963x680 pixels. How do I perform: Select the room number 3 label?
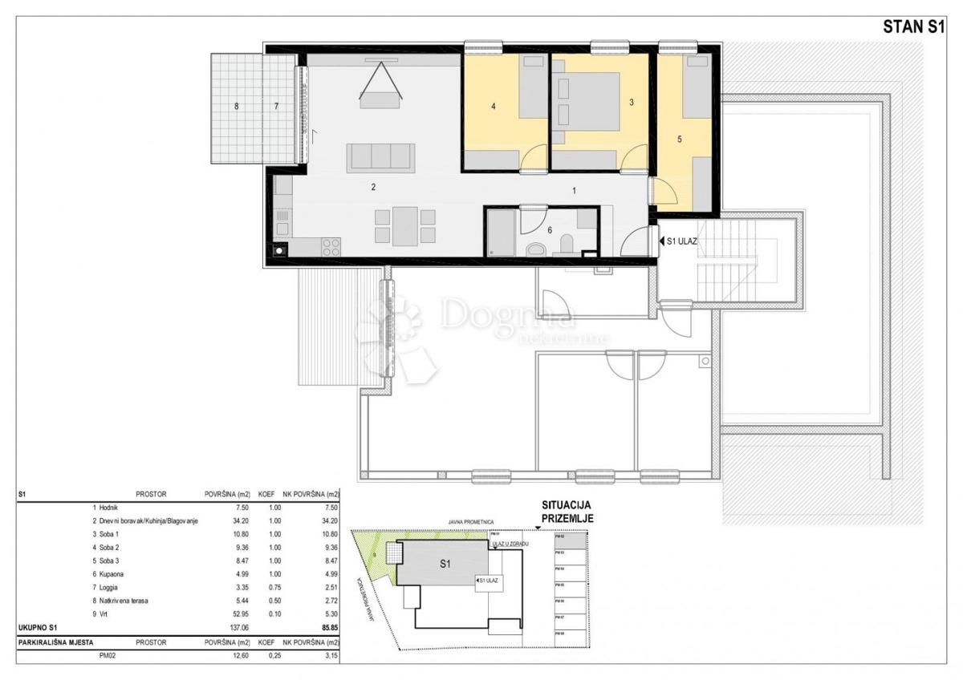(632, 103)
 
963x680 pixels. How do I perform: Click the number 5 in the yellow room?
(679, 139)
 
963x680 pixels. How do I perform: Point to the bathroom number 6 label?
(550, 229)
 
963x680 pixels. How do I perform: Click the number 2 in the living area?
(373, 188)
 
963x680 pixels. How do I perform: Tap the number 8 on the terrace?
(237, 106)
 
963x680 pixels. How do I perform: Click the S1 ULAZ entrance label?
(681, 240)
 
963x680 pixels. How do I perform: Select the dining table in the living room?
(405, 225)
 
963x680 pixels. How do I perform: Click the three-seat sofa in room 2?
(380, 157)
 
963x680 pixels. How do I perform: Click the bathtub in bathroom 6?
(502, 233)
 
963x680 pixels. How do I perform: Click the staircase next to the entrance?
(726, 260)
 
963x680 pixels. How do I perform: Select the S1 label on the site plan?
(445, 564)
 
